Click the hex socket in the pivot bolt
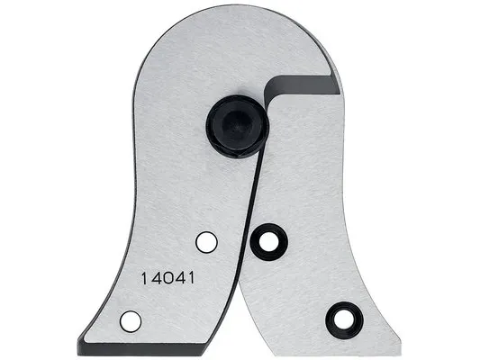235,124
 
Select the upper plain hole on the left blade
206,242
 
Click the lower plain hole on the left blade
131,321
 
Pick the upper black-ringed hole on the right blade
268,241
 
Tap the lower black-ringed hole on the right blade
344,320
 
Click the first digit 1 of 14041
144,279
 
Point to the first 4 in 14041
156,279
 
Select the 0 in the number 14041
168,279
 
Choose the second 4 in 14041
181,279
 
